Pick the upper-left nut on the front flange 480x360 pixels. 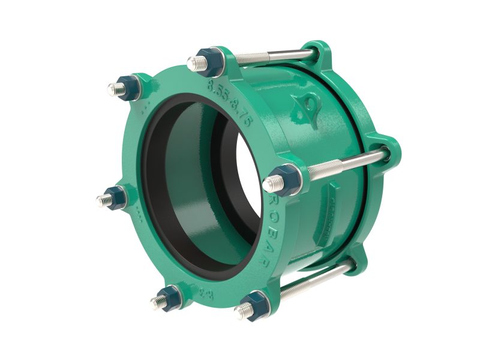pyautogui.click(x=128, y=89)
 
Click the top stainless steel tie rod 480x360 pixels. pyautogui.click(x=273, y=58)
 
